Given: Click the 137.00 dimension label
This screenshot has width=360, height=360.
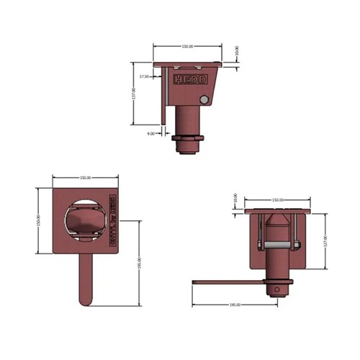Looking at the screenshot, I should [134, 94].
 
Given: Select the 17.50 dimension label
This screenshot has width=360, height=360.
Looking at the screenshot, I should [145, 76].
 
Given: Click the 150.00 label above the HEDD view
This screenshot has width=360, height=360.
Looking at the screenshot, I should [186, 46].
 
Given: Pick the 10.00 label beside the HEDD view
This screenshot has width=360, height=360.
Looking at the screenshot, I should [238, 51].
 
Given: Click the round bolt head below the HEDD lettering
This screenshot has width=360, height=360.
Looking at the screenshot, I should [205, 99].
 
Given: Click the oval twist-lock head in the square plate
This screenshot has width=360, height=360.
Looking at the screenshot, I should [84, 220].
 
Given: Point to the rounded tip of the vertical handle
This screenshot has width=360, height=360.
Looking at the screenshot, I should [84, 301].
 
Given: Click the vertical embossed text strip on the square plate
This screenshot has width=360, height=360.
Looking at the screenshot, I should [112, 220].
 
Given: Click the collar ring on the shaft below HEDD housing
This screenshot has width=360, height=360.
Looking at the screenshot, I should [190, 138].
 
